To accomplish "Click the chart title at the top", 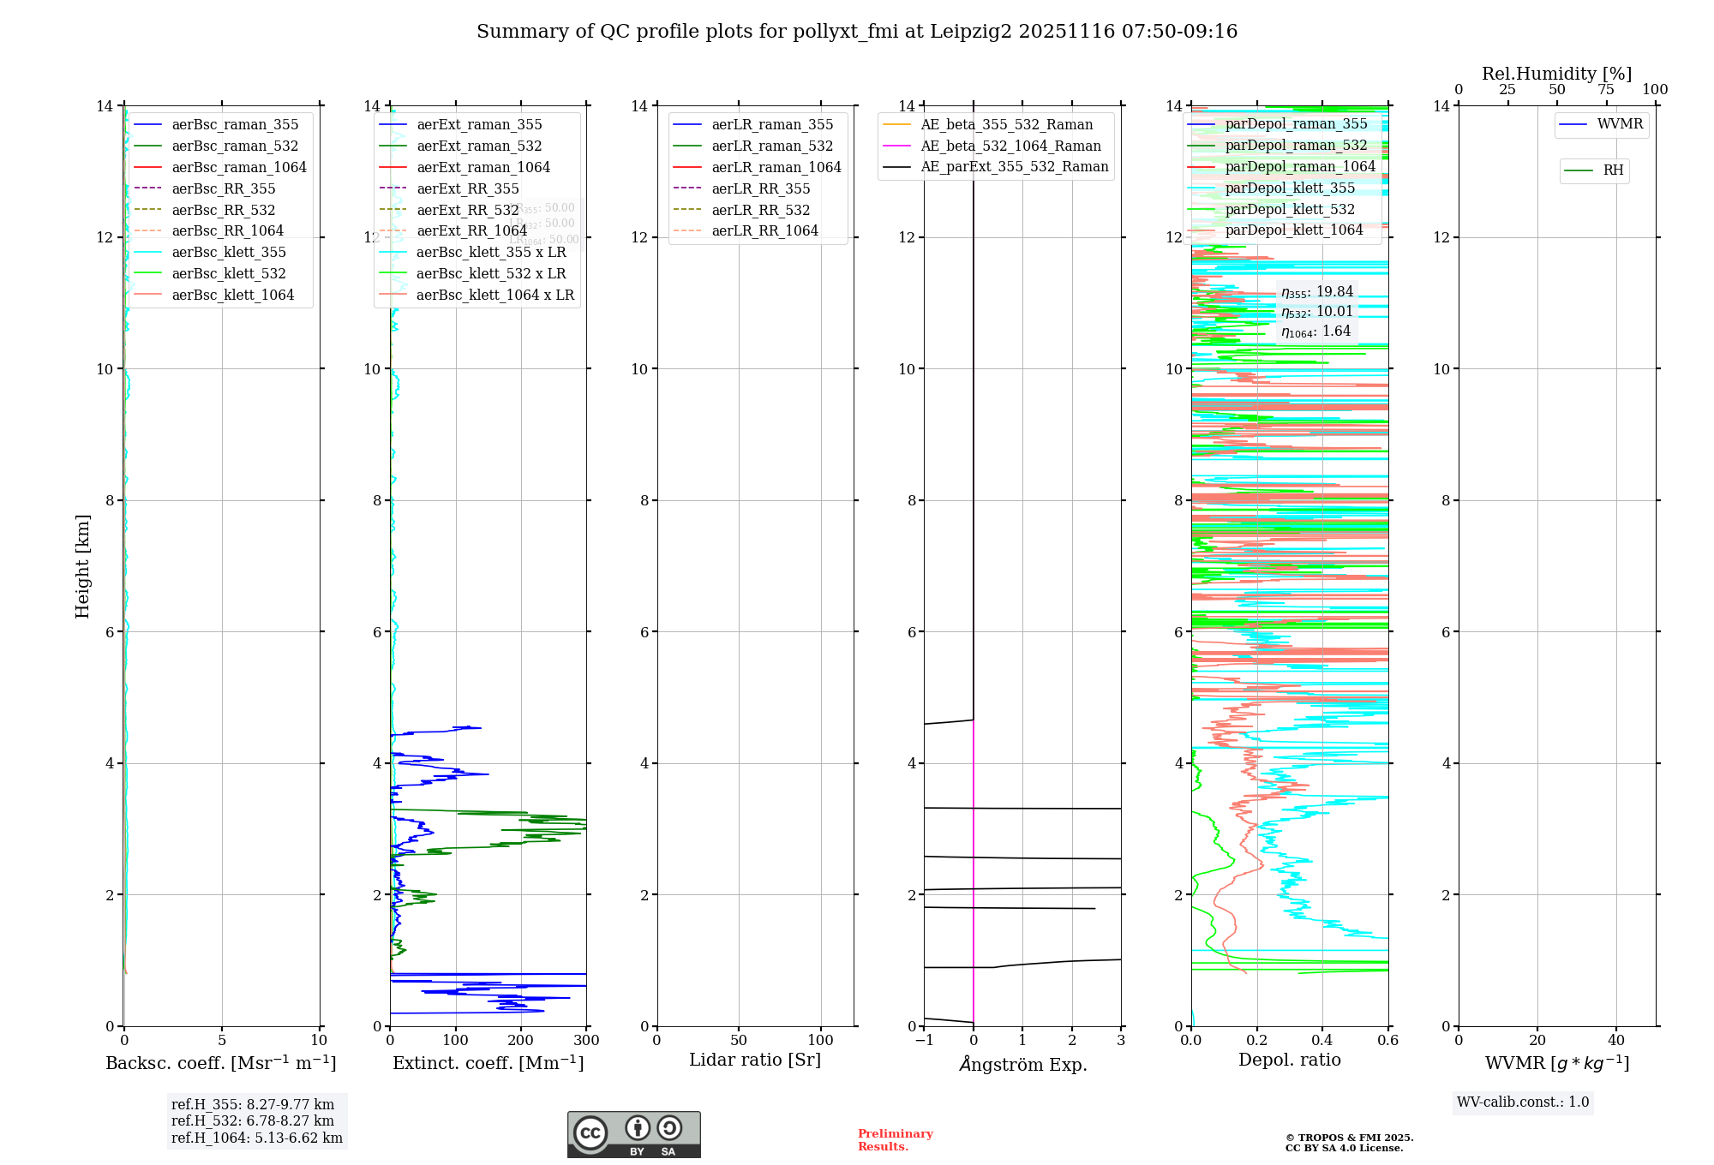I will [x=857, y=32].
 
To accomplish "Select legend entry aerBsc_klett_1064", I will [x=232, y=295].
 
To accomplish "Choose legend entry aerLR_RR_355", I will [x=760, y=188].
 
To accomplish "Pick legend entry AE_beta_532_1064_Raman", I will [x=1010, y=146].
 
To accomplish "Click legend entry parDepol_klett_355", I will [x=1290, y=188].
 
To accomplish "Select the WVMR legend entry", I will [x=1620, y=124].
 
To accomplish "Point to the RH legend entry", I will [x=1613, y=170].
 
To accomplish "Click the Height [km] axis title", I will [x=82, y=565].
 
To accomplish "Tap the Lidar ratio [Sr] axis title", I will [x=755, y=1060].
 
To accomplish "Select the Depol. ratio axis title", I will [x=1290, y=1060].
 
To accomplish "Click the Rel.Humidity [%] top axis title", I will [x=1557, y=74].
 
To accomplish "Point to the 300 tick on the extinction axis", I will [x=587, y=1041].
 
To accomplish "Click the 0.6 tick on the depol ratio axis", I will [x=1388, y=1041].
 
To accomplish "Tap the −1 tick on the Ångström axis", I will [x=924, y=1041].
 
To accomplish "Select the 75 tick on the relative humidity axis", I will [x=1606, y=90].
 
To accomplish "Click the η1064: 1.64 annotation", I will [x=1316, y=332].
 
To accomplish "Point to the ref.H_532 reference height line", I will [x=253, y=1120].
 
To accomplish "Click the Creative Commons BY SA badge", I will [x=633, y=1134].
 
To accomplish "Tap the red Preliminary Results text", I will [x=895, y=1139].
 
